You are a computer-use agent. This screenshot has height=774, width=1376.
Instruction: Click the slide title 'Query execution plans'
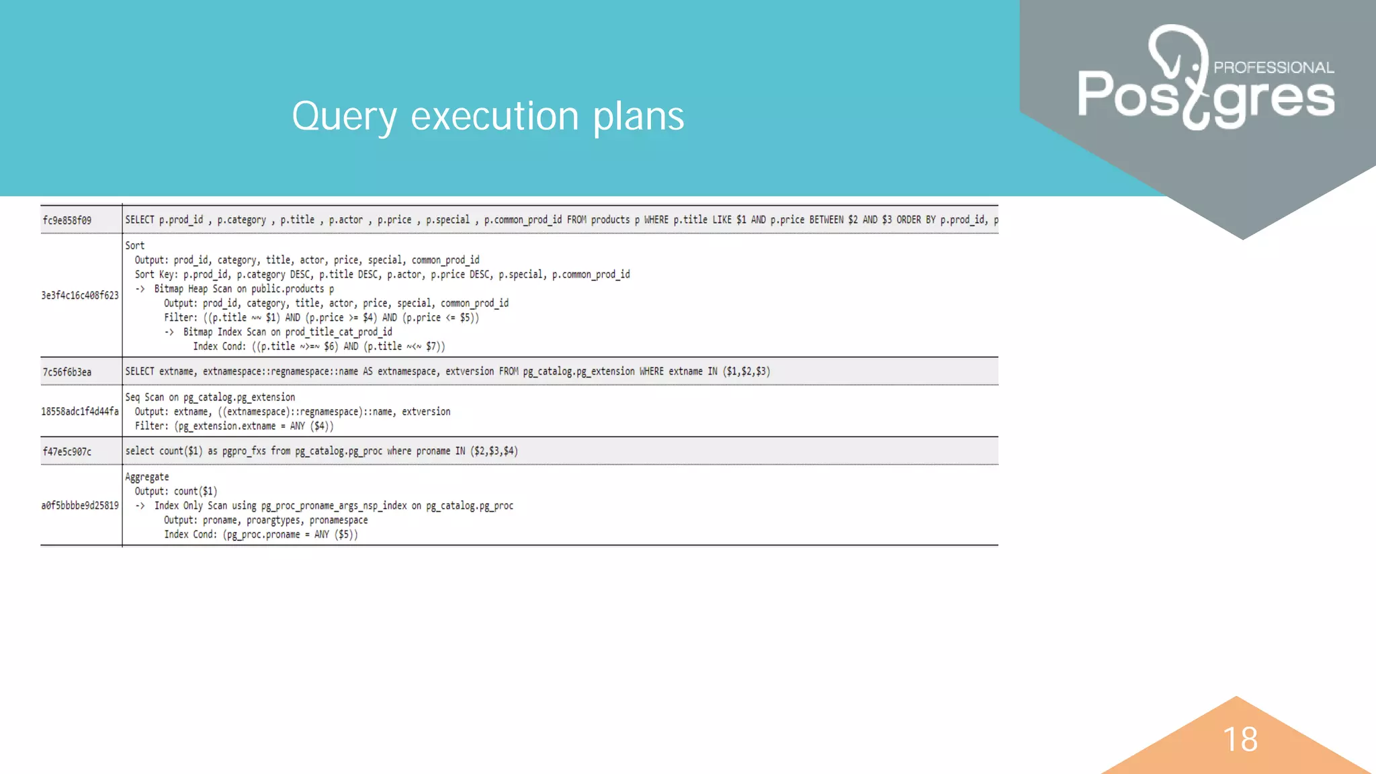point(488,116)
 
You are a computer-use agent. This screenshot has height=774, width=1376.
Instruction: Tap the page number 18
point(1240,739)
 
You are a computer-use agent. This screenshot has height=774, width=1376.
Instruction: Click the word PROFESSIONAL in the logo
point(1273,67)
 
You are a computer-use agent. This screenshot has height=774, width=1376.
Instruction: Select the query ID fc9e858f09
point(67,220)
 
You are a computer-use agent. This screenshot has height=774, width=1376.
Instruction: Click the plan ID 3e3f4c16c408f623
point(80,296)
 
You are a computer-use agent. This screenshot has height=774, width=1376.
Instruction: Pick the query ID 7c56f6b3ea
point(67,372)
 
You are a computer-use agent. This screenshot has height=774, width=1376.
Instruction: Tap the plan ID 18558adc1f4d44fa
point(80,411)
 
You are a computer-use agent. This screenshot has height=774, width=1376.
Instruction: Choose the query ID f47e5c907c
point(67,451)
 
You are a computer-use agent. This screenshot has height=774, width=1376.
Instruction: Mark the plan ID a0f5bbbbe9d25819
point(80,505)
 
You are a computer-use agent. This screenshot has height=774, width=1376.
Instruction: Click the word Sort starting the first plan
point(134,246)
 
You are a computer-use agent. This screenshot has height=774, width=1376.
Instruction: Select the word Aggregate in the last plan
point(147,477)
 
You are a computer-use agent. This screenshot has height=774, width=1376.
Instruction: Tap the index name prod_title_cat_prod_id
point(339,332)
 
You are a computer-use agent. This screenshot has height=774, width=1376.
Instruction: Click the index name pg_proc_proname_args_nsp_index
point(334,505)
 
